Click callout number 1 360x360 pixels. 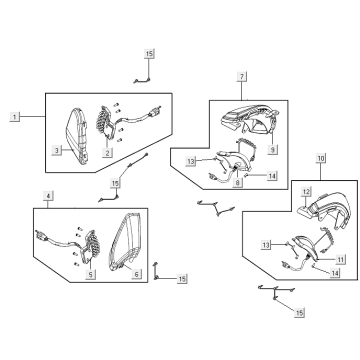point(14,117)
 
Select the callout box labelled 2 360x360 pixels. point(107,153)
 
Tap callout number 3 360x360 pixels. point(57,150)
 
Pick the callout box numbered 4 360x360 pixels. point(48,196)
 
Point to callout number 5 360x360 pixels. point(90,274)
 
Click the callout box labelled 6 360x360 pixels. point(136,274)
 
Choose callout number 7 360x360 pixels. point(242,77)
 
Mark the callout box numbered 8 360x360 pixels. point(237,182)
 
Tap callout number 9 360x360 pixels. point(273,150)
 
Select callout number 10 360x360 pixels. point(321,158)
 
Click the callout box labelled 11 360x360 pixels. point(340,259)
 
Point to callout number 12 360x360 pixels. point(306,192)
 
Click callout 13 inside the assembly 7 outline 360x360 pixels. point(191,161)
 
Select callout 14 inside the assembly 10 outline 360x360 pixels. point(335,273)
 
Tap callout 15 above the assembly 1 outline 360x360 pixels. point(149,53)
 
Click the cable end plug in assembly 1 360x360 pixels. point(155,111)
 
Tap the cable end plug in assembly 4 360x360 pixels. point(40,235)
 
